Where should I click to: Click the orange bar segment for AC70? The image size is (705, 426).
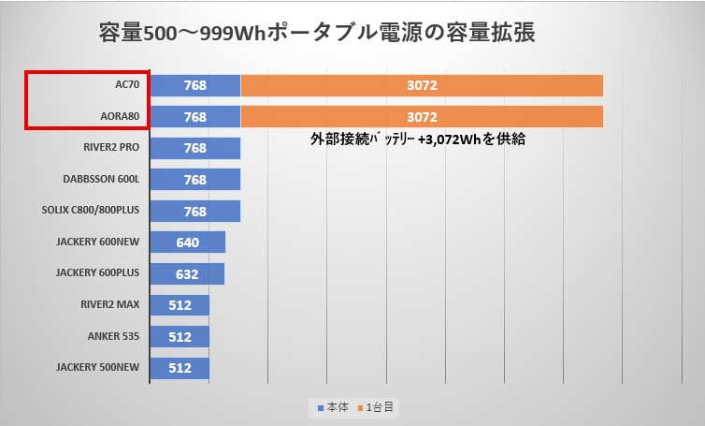[x=422, y=85]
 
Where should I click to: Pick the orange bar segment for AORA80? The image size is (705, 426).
[x=422, y=117]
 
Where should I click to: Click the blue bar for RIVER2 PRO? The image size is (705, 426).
[x=194, y=148]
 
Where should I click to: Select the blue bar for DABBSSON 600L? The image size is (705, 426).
[x=194, y=180]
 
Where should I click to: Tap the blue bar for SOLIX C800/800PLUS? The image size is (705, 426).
[x=194, y=211]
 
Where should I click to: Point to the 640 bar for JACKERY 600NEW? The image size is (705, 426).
[x=187, y=242]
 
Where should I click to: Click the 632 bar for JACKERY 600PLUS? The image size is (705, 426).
[x=186, y=273]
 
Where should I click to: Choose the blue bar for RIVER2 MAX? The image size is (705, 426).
[x=179, y=305]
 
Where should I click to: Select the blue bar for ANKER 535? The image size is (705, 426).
[x=179, y=336]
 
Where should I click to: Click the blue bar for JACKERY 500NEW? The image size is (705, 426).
[x=179, y=368]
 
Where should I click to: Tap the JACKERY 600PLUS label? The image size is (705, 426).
[x=97, y=273]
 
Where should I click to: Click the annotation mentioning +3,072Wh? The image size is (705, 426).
[x=418, y=139]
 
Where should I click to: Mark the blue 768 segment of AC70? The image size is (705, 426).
[x=194, y=85]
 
